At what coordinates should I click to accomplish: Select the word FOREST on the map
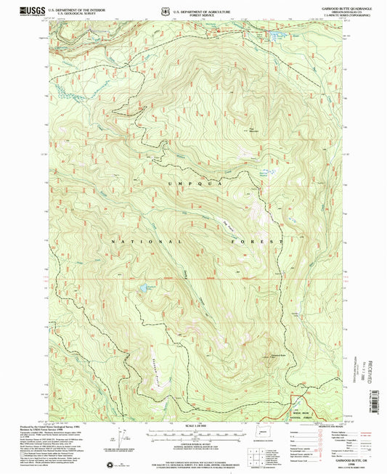[260, 240]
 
